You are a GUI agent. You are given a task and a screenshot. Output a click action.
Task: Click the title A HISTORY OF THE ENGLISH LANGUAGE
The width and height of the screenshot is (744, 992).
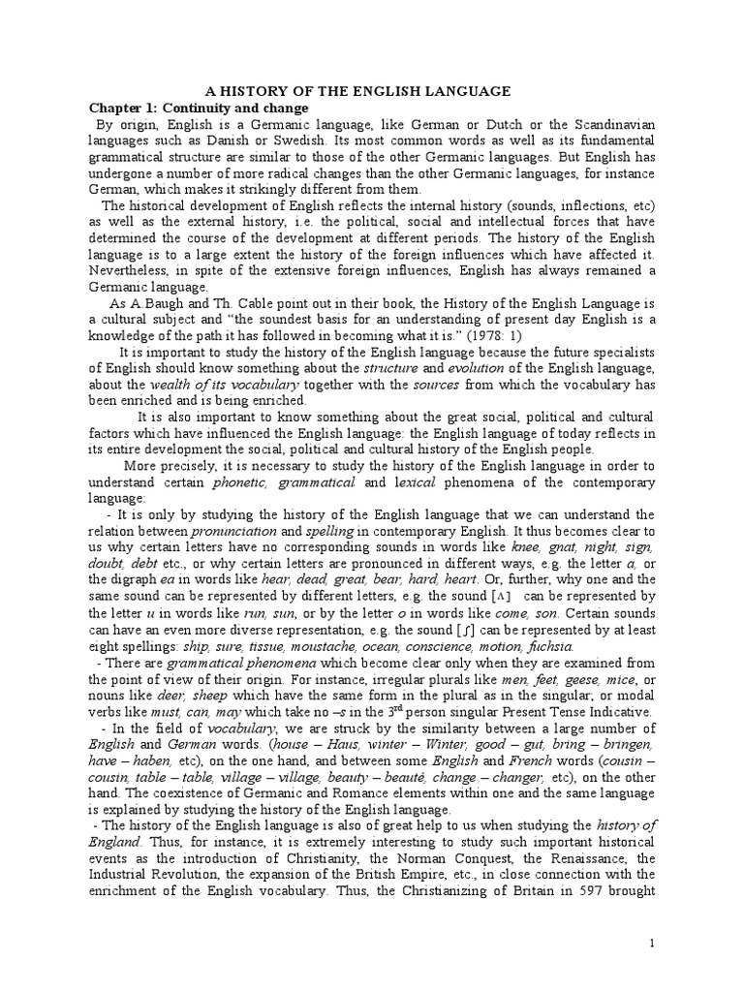pos(371,91)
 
